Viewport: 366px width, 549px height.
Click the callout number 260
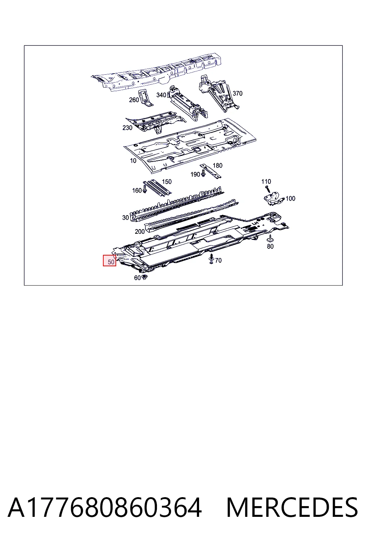coord(134,100)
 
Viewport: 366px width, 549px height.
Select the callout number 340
coord(161,95)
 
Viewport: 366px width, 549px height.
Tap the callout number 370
coord(237,93)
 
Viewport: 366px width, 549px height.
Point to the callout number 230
coord(127,128)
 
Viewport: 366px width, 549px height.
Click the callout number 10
coord(133,160)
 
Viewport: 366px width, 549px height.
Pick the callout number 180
coord(217,165)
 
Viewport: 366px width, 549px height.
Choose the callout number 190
coord(196,174)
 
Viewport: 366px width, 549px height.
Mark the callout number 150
coord(167,182)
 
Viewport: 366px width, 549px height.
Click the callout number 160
coord(137,191)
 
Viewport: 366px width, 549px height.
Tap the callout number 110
coord(266,181)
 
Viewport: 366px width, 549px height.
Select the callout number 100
coord(290,198)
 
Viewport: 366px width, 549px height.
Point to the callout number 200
coord(140,231)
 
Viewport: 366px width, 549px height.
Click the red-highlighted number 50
coord(111,262)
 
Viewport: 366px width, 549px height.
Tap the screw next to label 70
coord(211,259)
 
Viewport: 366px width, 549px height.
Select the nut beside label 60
coord(144,277)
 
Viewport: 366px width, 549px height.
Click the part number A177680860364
coord(105,507)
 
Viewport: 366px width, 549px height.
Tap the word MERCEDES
coord(292,507)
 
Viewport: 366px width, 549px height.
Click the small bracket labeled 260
coord(146,98)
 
